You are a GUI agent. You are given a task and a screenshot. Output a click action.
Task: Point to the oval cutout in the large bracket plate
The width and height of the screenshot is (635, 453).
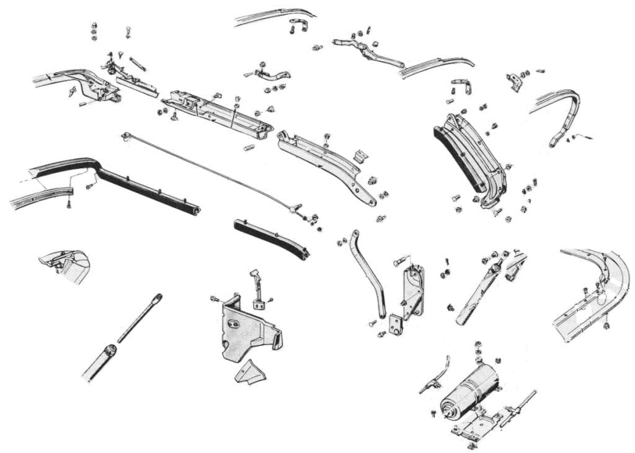(235, 323)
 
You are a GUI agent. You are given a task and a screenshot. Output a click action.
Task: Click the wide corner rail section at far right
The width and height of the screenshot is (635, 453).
(592, 292)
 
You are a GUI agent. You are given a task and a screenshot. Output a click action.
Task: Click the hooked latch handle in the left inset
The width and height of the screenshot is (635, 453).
(62, 261)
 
